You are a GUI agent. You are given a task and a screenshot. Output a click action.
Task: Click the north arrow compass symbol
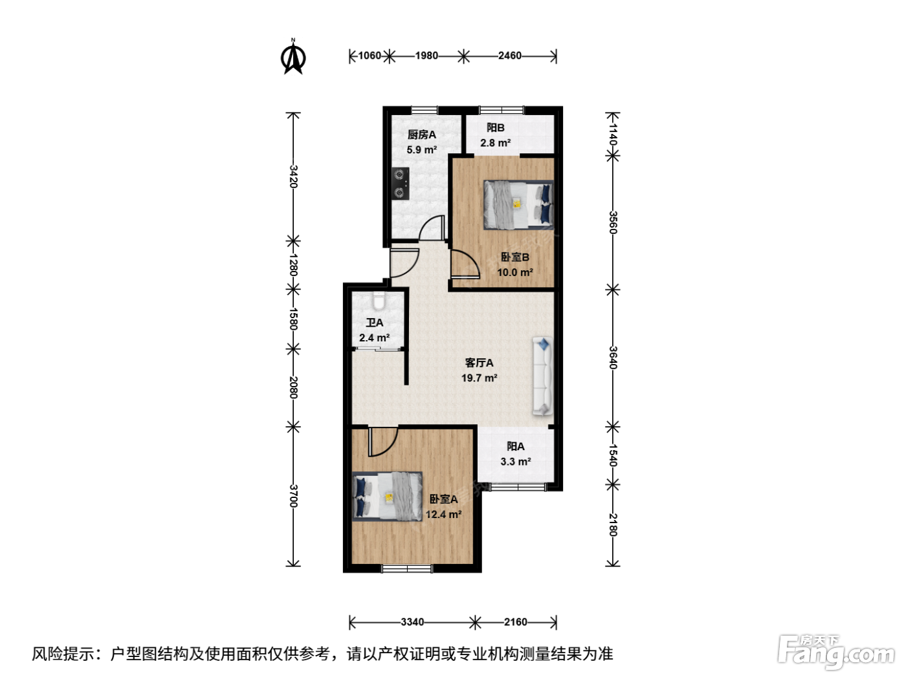pyautogui.click(x=293, y=57)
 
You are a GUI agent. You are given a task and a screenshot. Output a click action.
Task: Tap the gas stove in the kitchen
pyautogui.click(x=401, y=184)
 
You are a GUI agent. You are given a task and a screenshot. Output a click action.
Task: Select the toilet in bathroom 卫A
pyautogui.click(x=378, y=301)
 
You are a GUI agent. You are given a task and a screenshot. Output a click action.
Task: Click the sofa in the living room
pyautogui.click(x=542, y=376)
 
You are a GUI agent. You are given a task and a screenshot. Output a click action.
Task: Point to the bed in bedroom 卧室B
pyautogui.click(x=518, y=205)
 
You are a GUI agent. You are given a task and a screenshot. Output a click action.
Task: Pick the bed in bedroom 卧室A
pyautogui.click(x=387, y=497)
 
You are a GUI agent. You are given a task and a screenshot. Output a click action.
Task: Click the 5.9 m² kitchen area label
pyautogui.click(x=421, y=149)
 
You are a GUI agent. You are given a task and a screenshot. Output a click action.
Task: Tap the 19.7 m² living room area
pyautogui.click(x=479, y=378)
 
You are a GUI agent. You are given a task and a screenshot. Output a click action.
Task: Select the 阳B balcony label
pyautogui.click(x=495, y=128)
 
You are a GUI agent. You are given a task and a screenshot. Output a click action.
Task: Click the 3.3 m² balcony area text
pyautogui.click(x=516, y=461)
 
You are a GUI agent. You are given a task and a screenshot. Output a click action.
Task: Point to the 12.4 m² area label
pyautogui.click(x=443, y=515)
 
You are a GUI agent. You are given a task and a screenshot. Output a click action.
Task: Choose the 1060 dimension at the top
pyautogui.click(x=370, y=56)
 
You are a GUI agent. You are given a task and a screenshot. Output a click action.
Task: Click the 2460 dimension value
pyautogui.click(x=510, y=56)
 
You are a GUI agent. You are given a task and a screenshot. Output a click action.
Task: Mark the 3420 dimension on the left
pyautogui.click(x=293, y=177)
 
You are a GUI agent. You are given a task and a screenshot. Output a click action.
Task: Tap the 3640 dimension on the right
pyautogui.click(x=613, y=358)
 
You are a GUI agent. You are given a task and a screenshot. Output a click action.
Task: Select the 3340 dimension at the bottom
pyautogui.click(x=412, y=622)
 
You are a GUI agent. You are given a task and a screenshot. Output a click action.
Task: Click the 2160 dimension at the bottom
pyautogui.click(x=516, y=622)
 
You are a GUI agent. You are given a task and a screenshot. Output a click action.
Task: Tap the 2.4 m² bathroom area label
pyautogui.click(x=374, y=338)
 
